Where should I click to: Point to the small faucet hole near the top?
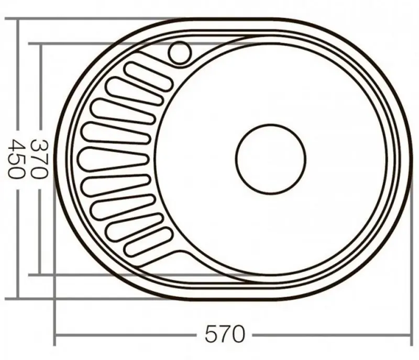(180, 53)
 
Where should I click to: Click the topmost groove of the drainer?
(150, 76)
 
